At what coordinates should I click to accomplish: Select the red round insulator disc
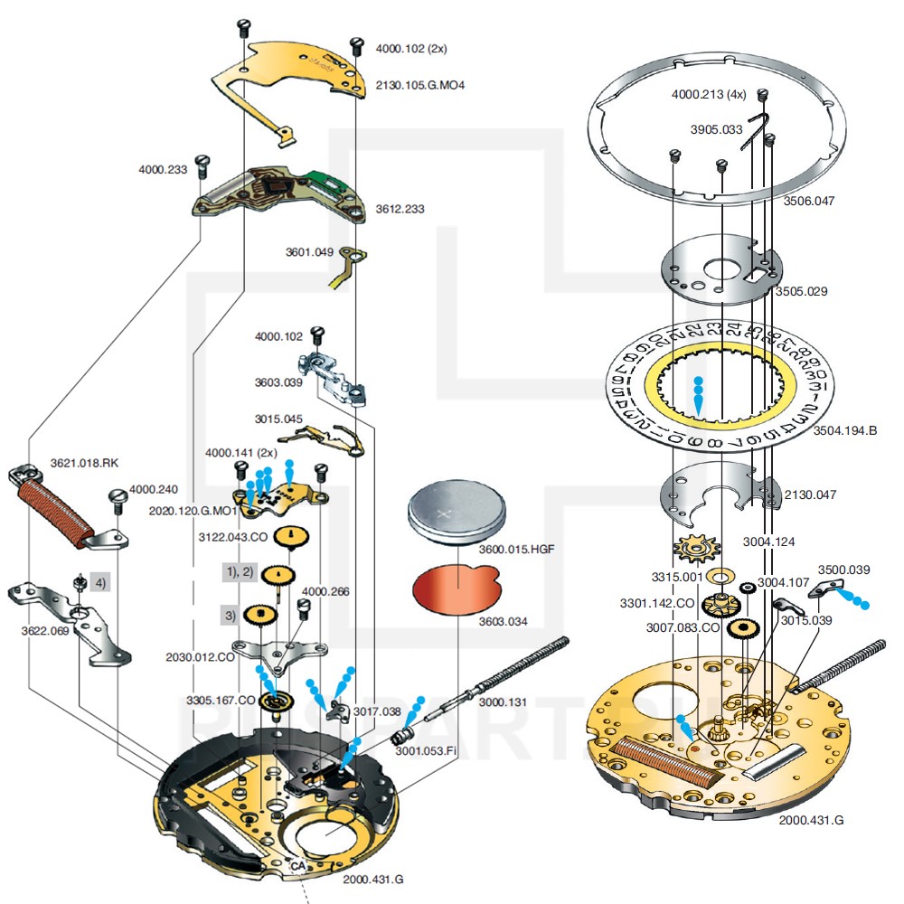point(455,588)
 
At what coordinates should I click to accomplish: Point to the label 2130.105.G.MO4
point(421,85)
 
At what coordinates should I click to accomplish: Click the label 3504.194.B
point(845,430)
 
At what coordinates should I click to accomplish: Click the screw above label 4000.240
point(117,498)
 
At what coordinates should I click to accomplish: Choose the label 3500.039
point(843,570)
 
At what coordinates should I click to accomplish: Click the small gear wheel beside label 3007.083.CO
point(747,629)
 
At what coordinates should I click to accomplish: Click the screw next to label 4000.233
point(204,165)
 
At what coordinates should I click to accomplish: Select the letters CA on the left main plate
point(297,865)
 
